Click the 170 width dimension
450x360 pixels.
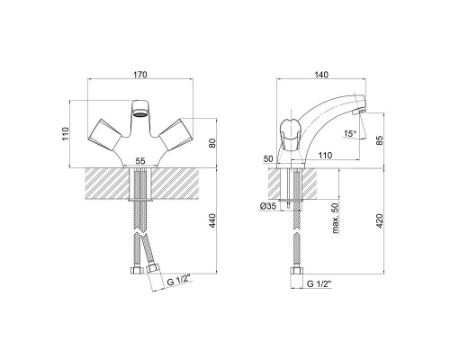click(140, 74)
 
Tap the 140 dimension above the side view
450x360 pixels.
click(321, 74)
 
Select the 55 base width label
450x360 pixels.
click(140, 161)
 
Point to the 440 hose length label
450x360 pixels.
click(212, 220)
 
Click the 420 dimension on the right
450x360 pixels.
click(380, 220)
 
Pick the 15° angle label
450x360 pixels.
click(350, 133)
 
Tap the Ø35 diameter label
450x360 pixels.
click(268, 206)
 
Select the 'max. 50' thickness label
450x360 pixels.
click(336, 218)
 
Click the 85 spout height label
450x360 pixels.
click(380, 140)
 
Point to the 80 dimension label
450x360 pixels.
click(212, 143)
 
